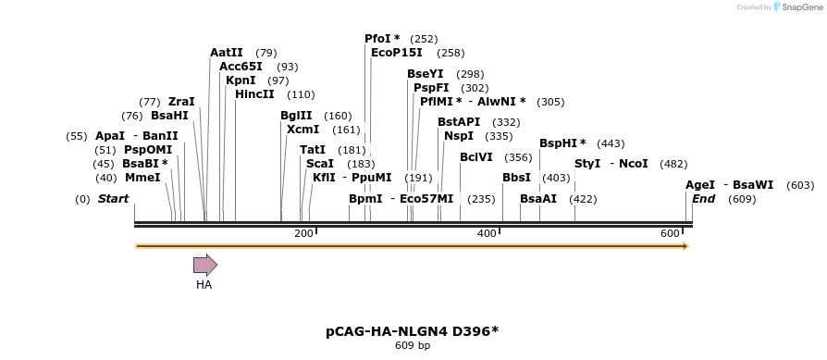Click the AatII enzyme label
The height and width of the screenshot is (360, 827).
click(227, 53)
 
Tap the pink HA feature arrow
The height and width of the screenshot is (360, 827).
click(204, 266)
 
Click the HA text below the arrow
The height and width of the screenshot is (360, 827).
click(204, 285)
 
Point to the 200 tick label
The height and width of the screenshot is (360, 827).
click(303, 233)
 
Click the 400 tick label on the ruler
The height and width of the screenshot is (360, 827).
click(487, 233)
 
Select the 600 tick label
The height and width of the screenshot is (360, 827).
click(670, 233)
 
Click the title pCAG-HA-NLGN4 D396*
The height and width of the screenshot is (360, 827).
click(412, 330)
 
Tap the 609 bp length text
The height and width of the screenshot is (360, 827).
click(413, 346)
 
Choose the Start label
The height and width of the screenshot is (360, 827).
click(114, 199)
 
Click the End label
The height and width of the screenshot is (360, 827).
click(703, 199)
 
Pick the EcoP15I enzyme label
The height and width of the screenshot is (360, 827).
click(397, 53)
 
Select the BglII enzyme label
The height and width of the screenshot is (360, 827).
click(296, 116)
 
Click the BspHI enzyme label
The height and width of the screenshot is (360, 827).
click(562, 143)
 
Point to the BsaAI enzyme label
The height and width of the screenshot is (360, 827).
click(538, 199)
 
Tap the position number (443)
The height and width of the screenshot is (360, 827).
click(611, 143)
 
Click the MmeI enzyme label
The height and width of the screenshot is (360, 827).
click(142, 178)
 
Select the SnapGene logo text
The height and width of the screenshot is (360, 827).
click(796, 7)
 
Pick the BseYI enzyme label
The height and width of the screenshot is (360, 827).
click(426, 74)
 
